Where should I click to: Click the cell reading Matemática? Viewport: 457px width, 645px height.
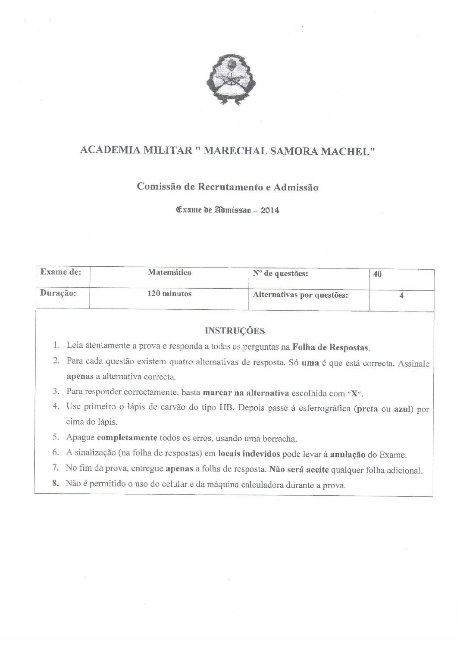[x=169, y=273]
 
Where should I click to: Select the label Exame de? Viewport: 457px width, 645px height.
[x=57, y=273]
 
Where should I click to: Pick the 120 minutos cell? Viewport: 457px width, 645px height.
[x=169, y=294]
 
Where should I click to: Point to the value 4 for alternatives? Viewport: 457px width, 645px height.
[x=401, y=296]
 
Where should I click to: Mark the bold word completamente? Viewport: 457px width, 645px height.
[x=127, y=439]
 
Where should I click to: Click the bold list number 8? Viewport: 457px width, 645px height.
[x=55, y=483]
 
